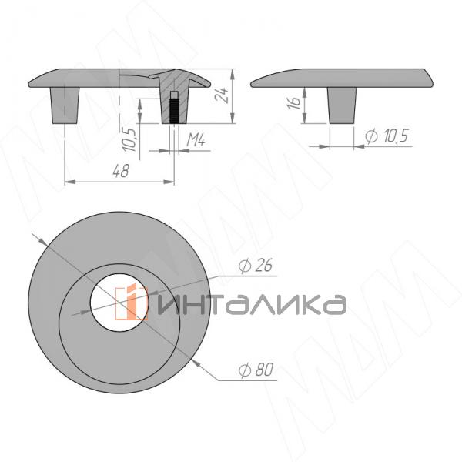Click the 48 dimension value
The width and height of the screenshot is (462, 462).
(120, 172)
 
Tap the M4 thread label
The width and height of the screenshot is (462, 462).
(196, 142)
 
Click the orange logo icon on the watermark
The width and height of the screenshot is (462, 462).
(132, 303)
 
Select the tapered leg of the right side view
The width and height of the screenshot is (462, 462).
(342, 104)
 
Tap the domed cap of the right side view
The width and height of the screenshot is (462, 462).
(339, 78)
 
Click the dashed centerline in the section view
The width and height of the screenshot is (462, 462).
(121, 108)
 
